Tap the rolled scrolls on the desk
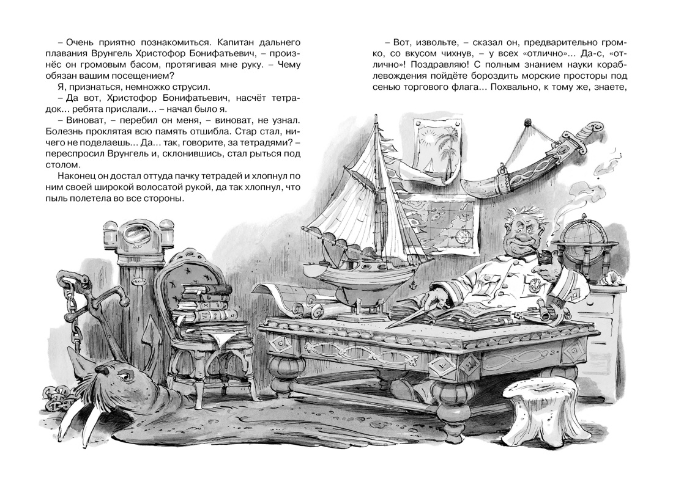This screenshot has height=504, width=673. coord(306,306)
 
